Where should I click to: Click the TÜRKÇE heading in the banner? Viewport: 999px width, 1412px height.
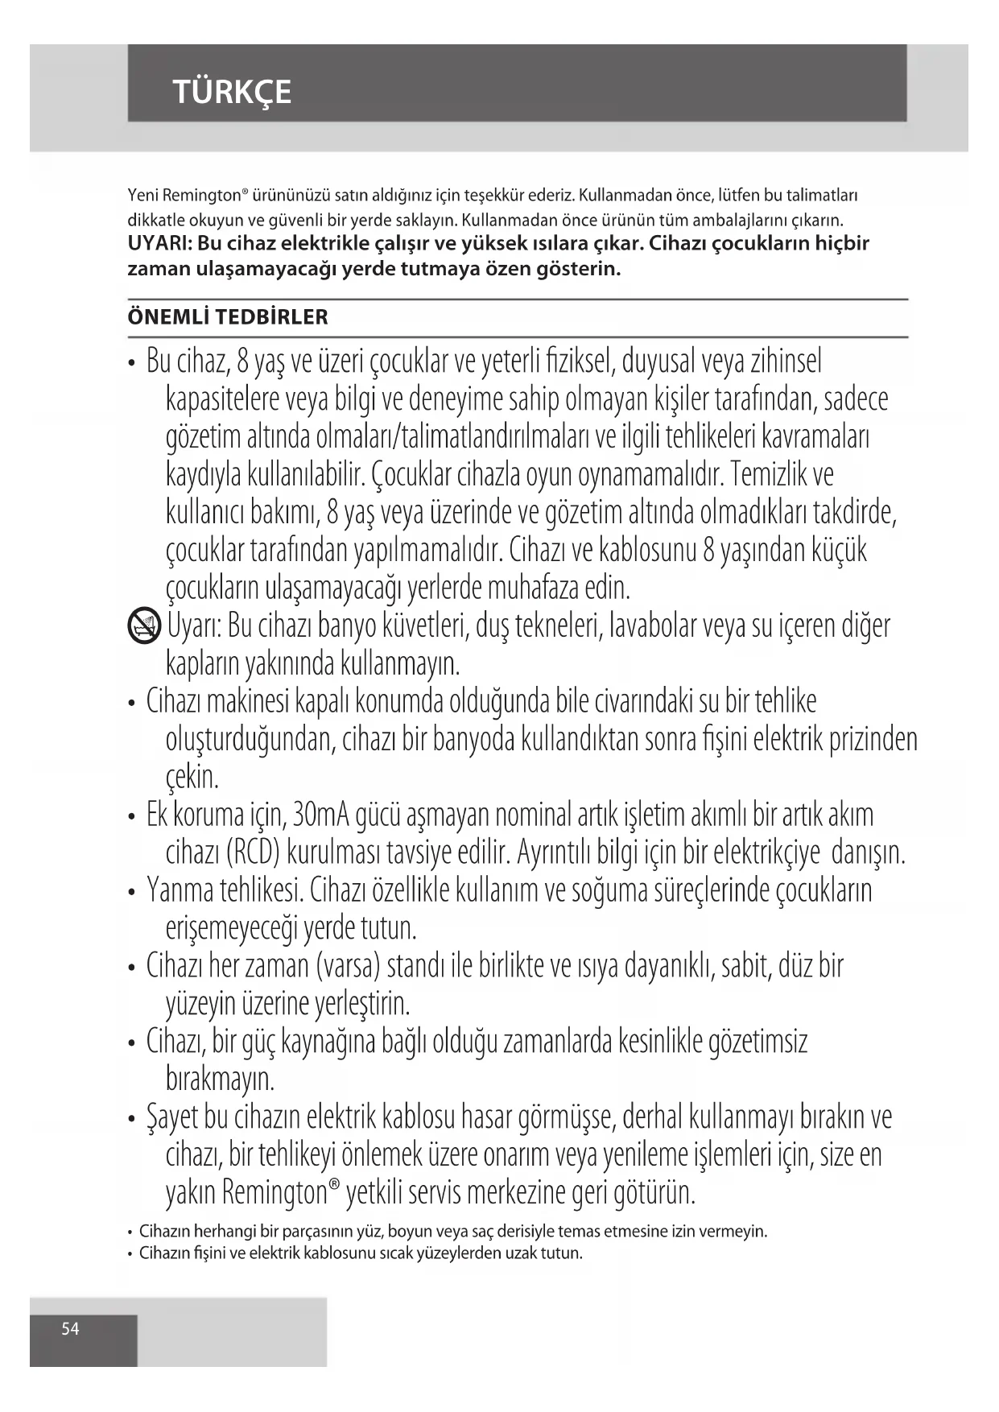click(x=232, y=93)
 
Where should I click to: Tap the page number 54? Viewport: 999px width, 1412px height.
click(x=71, y=1329)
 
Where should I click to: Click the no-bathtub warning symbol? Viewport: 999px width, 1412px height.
click(x=145, y=625)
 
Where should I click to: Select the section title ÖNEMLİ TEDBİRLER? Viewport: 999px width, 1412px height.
click(x=228, y=317)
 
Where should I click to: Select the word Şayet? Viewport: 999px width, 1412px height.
click(x=171, y=1117)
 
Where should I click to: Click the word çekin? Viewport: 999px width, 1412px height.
click(x=192, y=778)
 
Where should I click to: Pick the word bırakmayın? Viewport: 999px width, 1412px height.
click(x=220, y=1079)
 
